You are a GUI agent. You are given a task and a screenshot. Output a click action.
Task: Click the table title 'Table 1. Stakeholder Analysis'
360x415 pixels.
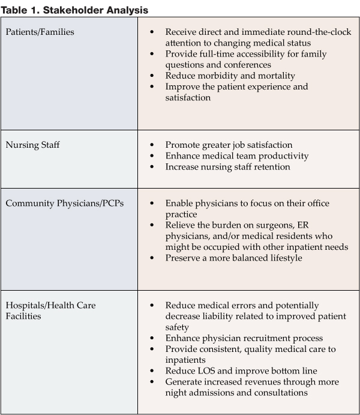tap(74, 10)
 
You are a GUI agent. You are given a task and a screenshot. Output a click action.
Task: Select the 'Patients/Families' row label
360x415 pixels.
tap(40, 32)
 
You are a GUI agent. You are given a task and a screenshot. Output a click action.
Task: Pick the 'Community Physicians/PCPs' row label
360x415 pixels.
tap(65, 204)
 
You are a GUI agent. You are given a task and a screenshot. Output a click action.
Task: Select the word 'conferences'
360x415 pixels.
tap(247, 64)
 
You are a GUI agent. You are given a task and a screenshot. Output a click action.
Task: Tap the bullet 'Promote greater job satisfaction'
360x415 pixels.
tap(229, 145)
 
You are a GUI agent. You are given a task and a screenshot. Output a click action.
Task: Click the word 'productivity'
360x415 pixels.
tap(283, 156)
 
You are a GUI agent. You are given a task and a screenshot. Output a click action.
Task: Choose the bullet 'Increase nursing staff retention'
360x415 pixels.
tap(227, 166)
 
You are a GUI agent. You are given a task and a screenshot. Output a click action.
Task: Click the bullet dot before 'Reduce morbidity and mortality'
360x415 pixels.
tap(154, 75)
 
